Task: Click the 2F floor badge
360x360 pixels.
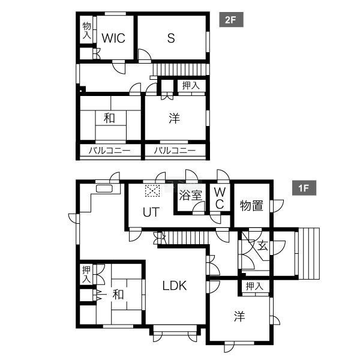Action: [231, 20]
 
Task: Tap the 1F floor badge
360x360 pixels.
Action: [304, 188]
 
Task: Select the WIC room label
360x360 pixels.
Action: [113, 38]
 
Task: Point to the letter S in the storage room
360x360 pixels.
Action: [171, 38]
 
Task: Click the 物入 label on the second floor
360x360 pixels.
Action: [87, 31]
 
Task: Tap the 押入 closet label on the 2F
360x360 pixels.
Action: [191, 85]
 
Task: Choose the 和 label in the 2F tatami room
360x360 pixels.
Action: [109, 118]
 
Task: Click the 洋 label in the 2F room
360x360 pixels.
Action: [174, 118]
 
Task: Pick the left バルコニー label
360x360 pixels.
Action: [110, 151]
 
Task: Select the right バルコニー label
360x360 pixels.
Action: [175, 151]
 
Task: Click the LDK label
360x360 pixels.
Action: [175, 286]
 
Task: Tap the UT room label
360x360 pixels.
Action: [151, 212]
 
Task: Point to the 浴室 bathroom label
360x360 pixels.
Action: [191, 196]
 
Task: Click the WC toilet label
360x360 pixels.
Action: [220, 198]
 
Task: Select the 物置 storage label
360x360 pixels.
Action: [251, 205]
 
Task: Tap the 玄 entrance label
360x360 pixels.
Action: [263, 246]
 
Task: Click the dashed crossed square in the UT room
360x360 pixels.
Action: [152, 191]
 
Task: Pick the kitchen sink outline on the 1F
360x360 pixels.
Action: [104, 188]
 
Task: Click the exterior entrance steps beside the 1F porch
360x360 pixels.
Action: [309, 253]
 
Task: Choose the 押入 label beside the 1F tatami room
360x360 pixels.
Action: [86, 274]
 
